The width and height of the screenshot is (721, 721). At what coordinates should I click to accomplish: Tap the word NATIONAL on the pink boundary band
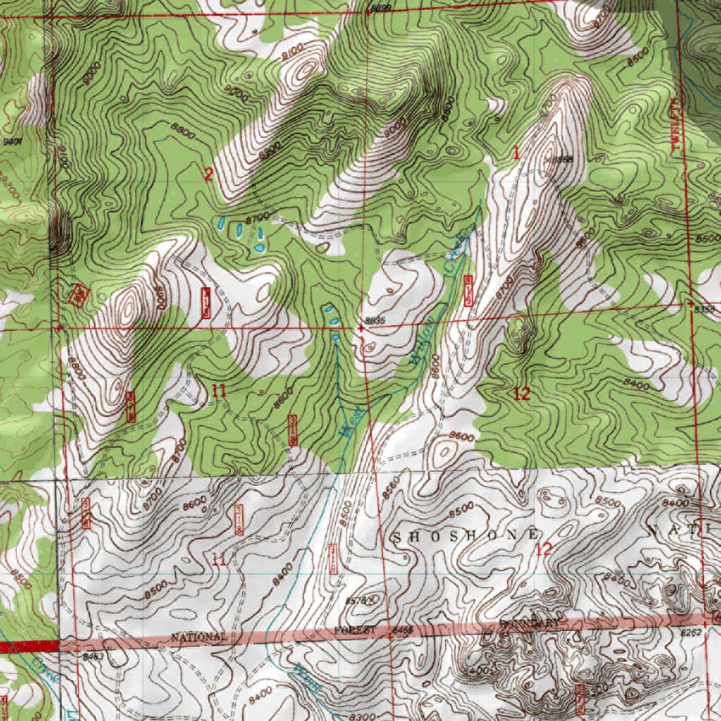(x=199, y=637)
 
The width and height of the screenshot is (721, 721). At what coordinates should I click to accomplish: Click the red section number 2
(x=208, y=175)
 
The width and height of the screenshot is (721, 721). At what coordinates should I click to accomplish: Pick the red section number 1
(x=516, y=152)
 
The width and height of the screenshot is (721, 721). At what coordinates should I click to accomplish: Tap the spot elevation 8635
(x=375, y=321)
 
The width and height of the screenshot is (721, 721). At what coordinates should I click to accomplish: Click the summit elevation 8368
(x=561, y=160)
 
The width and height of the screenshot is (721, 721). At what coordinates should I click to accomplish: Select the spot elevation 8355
(x=703, y=309)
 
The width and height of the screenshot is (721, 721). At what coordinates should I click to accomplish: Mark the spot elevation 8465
(x=402, y=631)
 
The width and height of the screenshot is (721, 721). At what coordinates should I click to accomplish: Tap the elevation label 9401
(x=12, y=142)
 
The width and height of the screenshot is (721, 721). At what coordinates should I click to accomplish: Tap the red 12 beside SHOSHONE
(x=544, y=549)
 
